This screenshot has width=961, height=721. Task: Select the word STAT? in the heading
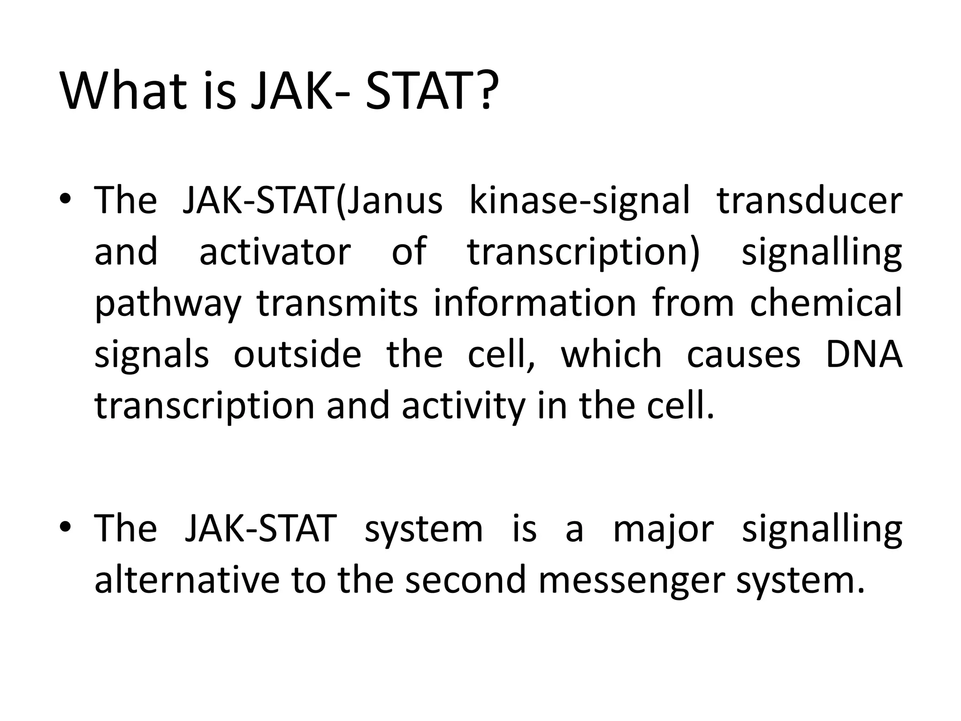click(429, 90)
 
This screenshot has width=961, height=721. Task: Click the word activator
click(275, 252)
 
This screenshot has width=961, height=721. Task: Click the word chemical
click(825, 303)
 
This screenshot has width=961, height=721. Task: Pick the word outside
click(297, 354)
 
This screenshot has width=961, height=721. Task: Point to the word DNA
click(863, 354)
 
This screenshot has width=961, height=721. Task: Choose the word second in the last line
click(465, 580)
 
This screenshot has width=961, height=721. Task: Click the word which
click(611, 354)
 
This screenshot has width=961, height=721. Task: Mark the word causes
click(743, 354)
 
